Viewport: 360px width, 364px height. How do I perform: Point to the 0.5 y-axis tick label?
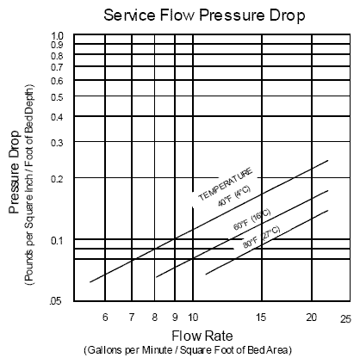click(x=58, y=97)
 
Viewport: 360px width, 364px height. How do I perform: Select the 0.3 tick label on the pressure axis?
click(x=58, y=142)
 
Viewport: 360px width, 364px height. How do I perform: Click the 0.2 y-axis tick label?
click(x=58, y=178)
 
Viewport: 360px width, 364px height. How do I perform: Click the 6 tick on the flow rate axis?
click(x=104, y=317)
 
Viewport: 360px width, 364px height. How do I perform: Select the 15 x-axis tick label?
click(x=262, y=317)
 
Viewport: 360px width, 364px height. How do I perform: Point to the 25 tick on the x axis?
click(x=345, y=318)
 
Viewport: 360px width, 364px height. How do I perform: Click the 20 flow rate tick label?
click(x=312, y=317)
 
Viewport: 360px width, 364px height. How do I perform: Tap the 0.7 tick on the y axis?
click(x=58, y=66)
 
